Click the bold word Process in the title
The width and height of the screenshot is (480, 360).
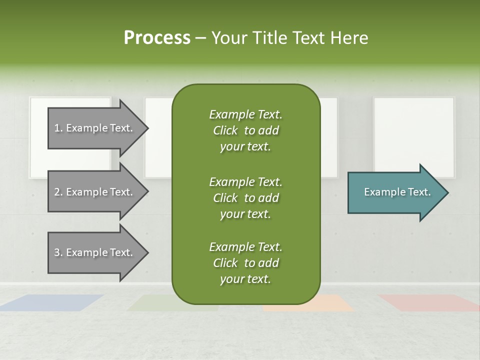[x=157, y=38]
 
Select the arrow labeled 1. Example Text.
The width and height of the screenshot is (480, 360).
[x=95, y=128]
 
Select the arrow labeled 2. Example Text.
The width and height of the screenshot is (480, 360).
[x=95, y=192]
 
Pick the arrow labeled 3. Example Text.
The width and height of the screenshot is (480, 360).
[x=95, y=252]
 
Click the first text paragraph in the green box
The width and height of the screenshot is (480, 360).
[x=245, y=130]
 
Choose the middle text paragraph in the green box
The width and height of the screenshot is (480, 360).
[x=245, y=198]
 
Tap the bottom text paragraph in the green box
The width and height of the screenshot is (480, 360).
[x=245, y=263]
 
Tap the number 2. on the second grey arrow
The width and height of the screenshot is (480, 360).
[x=58, y=192]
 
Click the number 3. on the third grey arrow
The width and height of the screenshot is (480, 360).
[x=58, y=252]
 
